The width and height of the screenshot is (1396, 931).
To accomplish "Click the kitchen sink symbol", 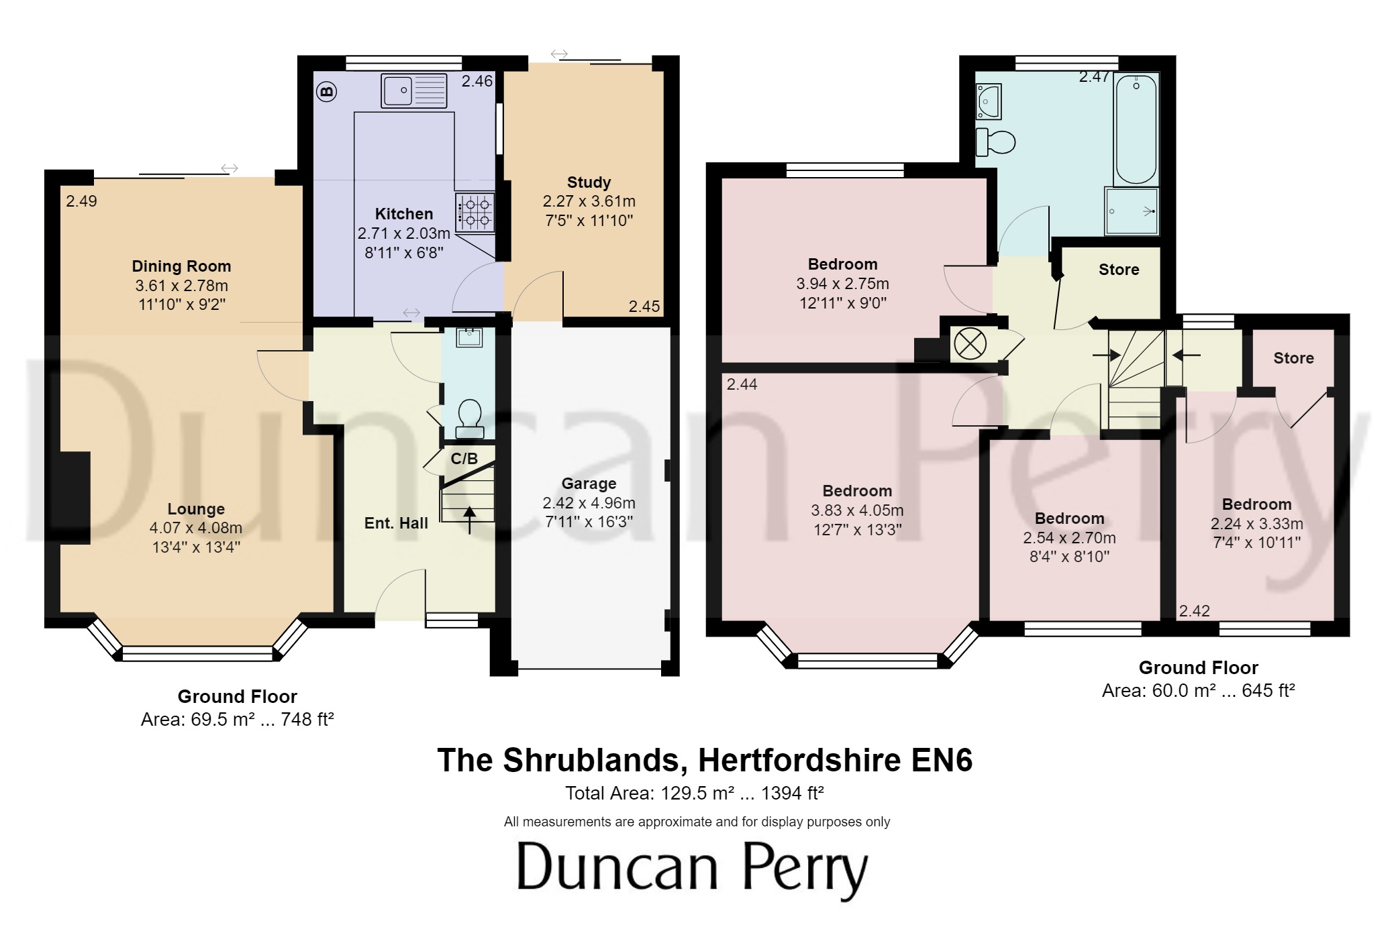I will [413, 91].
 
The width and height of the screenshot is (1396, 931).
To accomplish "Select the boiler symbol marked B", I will [327, 91].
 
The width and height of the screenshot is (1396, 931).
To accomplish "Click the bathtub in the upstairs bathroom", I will [1136, 129].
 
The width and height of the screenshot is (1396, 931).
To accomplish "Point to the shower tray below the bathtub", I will [1132, 211].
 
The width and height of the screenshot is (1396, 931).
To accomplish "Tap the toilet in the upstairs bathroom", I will [996, 142].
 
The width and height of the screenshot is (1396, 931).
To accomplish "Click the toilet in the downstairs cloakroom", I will [469, 419].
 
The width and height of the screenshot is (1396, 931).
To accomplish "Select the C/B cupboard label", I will [464, 459].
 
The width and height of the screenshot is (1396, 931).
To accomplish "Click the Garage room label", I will [589, 484].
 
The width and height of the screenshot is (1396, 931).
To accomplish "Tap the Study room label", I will [589, 182].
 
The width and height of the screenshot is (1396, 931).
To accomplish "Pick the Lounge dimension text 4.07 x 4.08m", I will [196, 528].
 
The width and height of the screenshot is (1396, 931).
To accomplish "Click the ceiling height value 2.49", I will [81, 201].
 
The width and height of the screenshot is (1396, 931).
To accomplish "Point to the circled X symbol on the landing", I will [970, 345].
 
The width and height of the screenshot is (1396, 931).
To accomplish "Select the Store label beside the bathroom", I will [1119, 270].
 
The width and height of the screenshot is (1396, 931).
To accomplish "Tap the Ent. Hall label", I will [396, 523].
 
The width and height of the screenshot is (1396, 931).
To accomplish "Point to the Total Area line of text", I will [695, 793].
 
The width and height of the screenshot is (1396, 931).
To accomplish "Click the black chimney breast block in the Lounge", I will [75, 498].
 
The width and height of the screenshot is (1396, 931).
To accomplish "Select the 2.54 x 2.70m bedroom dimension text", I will [1069, 538].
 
